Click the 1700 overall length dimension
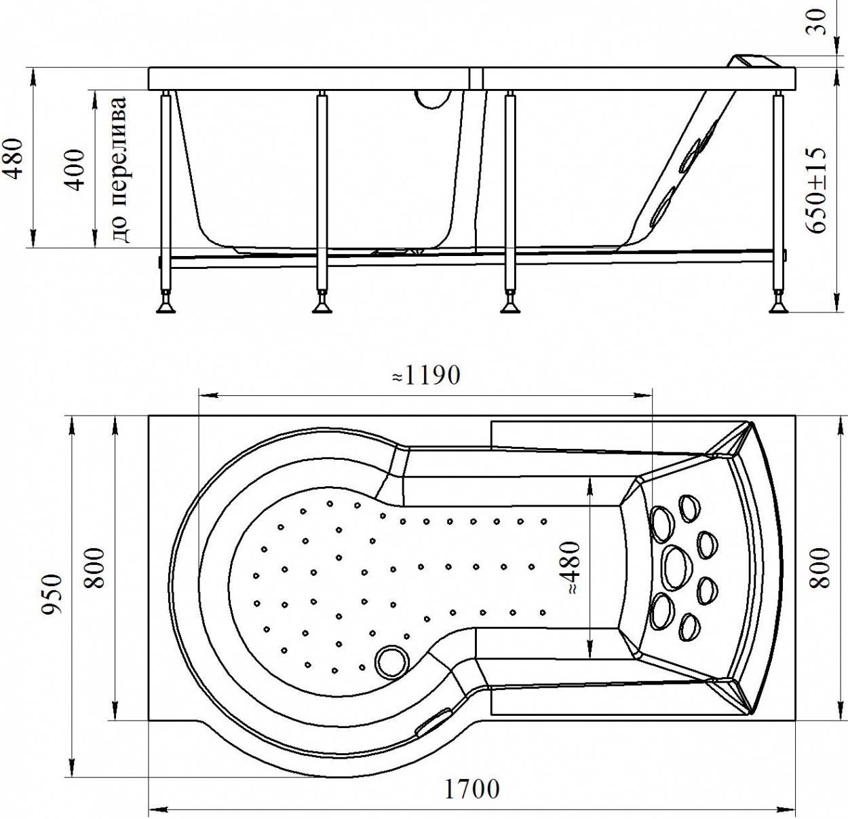point(471,789)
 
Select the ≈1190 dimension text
point(426,375)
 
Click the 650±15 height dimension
point(815,189)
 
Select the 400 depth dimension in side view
point(76,170)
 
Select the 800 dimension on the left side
point(94,568)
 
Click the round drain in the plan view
point(391,662)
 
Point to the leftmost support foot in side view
point(166,304)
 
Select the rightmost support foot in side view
point(779,304)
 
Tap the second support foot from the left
point(322,304)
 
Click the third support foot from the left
point(510,304)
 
